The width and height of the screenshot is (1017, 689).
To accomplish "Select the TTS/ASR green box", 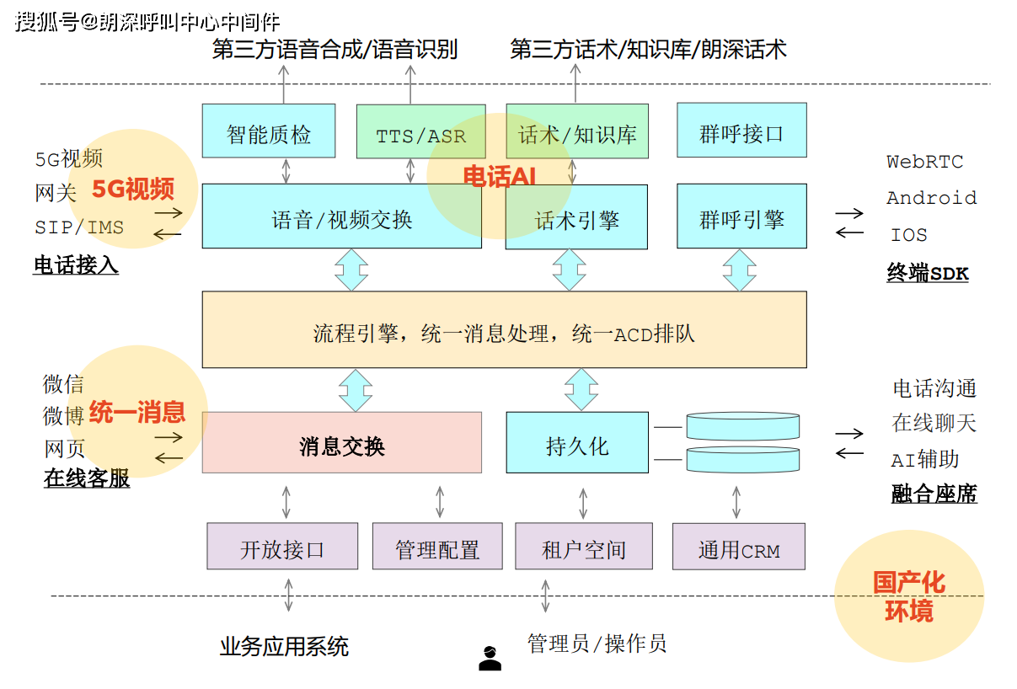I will [420, 132].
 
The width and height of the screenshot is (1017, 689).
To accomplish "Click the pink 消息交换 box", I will [341, 443].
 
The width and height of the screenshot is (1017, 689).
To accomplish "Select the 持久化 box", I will [577, 443].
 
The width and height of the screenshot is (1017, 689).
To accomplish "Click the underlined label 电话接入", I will [76, 266].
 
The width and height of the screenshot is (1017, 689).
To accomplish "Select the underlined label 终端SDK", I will [928, 273].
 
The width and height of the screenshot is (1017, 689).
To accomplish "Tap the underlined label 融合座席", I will [934, 494].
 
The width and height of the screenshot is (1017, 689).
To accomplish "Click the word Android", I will [931, 198].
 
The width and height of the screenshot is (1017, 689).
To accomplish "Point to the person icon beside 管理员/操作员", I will [490, 658].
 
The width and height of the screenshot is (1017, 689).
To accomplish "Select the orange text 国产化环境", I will [908, 596].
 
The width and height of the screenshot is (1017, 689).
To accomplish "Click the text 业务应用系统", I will [284, 647].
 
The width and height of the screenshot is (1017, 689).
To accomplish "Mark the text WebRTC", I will [924, 162].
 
